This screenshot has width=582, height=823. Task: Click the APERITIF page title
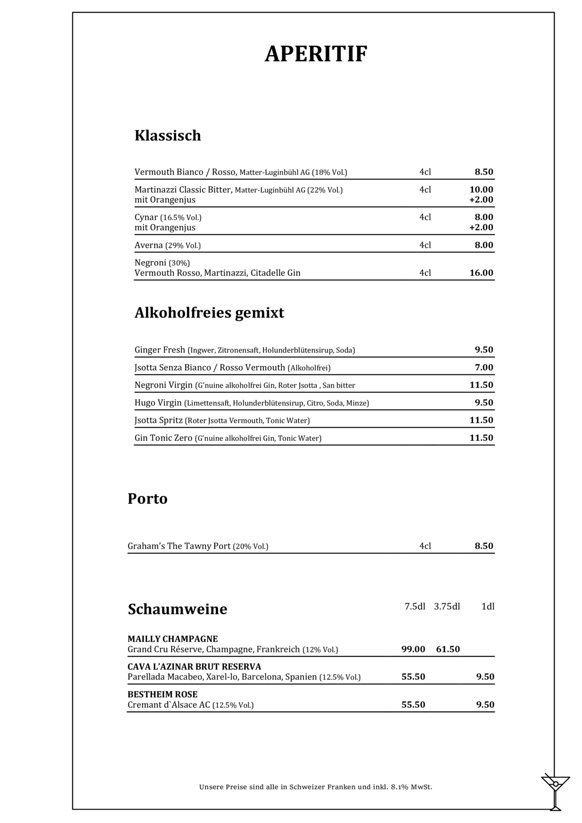(316, 54)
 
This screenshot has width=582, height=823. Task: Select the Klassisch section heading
(168, 136)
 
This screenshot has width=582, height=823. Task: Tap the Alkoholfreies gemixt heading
(209, 313)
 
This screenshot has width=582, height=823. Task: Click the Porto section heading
(148, 499)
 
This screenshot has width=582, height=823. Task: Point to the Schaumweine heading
(177, 609)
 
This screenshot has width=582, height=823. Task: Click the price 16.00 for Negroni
(481, 273)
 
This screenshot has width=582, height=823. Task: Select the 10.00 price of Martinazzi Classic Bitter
(481, 190)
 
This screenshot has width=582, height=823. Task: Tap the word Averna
(149, 245)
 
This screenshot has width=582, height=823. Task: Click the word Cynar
(146, 218)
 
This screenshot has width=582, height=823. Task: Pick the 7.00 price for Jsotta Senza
(484, 367)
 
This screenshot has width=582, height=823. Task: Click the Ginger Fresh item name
(160, 350)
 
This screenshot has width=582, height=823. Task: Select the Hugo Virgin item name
(158, 403)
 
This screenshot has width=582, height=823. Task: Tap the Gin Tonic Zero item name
(163, 438)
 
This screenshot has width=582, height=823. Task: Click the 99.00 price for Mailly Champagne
(413, 649)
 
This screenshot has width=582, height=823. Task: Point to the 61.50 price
(448, 649)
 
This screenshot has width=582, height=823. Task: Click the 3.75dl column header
(447, 606)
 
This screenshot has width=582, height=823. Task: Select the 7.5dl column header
(415, 606)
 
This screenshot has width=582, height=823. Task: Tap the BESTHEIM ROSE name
(162, 694)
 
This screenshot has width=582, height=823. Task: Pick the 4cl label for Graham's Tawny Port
(425, 546)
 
